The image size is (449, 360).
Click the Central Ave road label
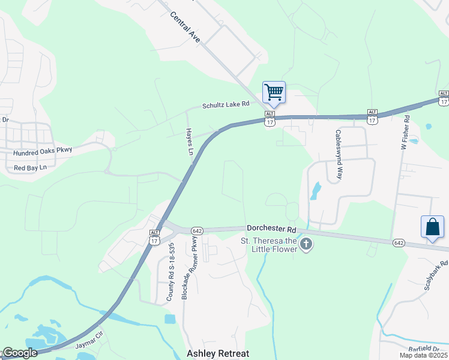coord(185,27)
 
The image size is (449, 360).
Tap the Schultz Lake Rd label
coord(225,105)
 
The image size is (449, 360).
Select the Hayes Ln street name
coord(189,142)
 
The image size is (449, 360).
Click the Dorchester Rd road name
coord(271,229)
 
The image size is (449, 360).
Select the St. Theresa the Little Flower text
coord(269,245)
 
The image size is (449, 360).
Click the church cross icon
coord(307,245)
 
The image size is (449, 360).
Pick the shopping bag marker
coord(432,227)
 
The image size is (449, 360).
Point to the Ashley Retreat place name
coord(218,353)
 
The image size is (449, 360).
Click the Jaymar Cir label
coord(89,346)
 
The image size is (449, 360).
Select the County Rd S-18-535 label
coord(170,271)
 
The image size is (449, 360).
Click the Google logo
coord(19,353)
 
